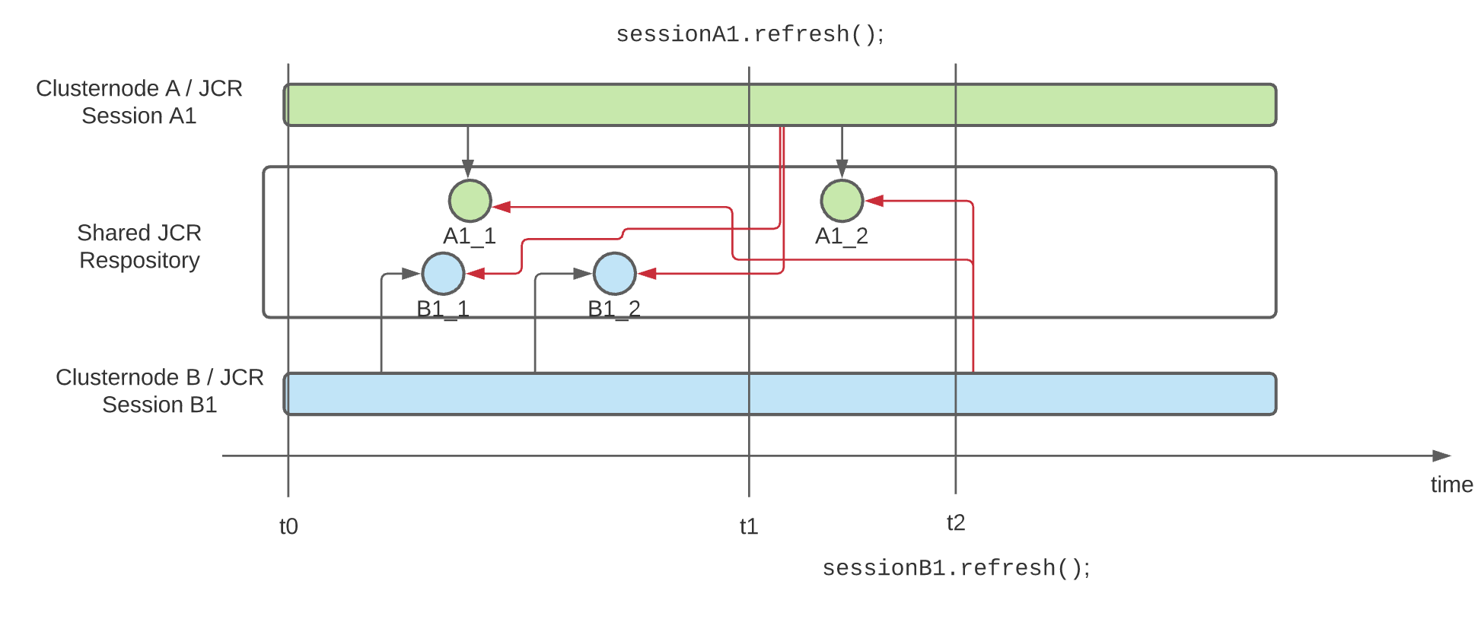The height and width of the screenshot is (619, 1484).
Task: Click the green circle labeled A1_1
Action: click(470, 201)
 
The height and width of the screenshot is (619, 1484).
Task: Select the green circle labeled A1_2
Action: click(842, 201)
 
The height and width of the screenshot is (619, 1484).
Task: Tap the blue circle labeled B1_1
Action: click(443, 274)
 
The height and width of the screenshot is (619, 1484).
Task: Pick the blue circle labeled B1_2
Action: click(614, 274)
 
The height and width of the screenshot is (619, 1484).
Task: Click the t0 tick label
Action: click(288, 526)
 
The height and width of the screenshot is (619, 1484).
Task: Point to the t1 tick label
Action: click(749, 526)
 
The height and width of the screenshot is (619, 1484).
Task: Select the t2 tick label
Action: click(956, 522)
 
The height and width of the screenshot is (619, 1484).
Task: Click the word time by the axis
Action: click(1451, 484)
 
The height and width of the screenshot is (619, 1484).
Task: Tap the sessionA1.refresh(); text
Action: click(750, 34)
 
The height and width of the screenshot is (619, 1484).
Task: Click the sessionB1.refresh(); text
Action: click(956, 568)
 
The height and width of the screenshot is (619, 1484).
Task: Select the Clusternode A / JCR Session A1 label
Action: click(139, 102)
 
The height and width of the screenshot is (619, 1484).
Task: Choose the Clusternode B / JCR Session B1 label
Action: click(160, 391)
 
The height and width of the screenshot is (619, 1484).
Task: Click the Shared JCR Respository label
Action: click(139, 246)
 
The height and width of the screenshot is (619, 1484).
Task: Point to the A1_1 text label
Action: click(470, 236)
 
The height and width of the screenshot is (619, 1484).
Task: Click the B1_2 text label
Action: click(614, 309)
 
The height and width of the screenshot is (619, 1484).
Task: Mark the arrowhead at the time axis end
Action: click(1441, 456)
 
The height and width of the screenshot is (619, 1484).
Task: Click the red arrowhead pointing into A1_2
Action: click(874, 201)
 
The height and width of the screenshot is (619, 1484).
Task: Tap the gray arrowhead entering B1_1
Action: click(411, 274)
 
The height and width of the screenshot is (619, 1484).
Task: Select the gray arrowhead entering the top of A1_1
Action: click(468, 169)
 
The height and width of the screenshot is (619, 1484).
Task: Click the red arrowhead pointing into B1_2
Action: click(647, 274)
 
